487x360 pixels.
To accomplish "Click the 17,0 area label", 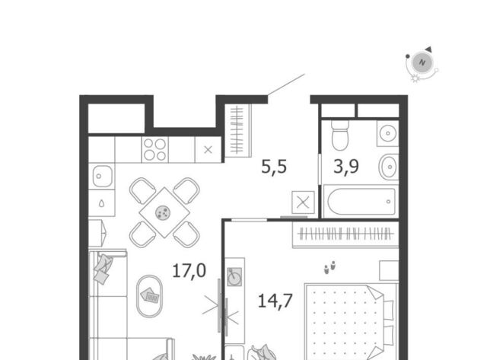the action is [189, 270].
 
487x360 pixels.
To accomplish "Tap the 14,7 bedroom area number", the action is [275, 301].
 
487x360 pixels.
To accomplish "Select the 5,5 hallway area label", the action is [274, 167].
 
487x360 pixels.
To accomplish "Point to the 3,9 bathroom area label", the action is [346, 166].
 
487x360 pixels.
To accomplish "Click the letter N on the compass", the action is [422, 62].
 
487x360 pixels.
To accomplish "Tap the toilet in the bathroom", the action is [340, 135].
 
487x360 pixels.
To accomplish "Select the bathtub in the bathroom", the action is [361, 202].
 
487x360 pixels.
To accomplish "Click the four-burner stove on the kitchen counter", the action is [155, 149].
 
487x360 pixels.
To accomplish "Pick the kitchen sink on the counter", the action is [102, 176].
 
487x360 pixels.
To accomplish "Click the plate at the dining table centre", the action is [163, 213].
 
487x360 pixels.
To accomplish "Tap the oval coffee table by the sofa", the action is [149, 296].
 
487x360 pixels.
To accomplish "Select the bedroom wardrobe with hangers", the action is [345, 234].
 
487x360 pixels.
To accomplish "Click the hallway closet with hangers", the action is [238, 130].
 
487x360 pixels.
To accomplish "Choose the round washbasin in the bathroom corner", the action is [387, 133].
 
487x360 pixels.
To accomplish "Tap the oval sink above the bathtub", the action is [389, 167].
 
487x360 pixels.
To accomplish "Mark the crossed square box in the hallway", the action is [303, 202].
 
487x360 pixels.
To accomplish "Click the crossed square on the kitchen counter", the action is [208, 150].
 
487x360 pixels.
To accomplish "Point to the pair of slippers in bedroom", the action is [329, 267].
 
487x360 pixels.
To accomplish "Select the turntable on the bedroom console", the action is [234, 276].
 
